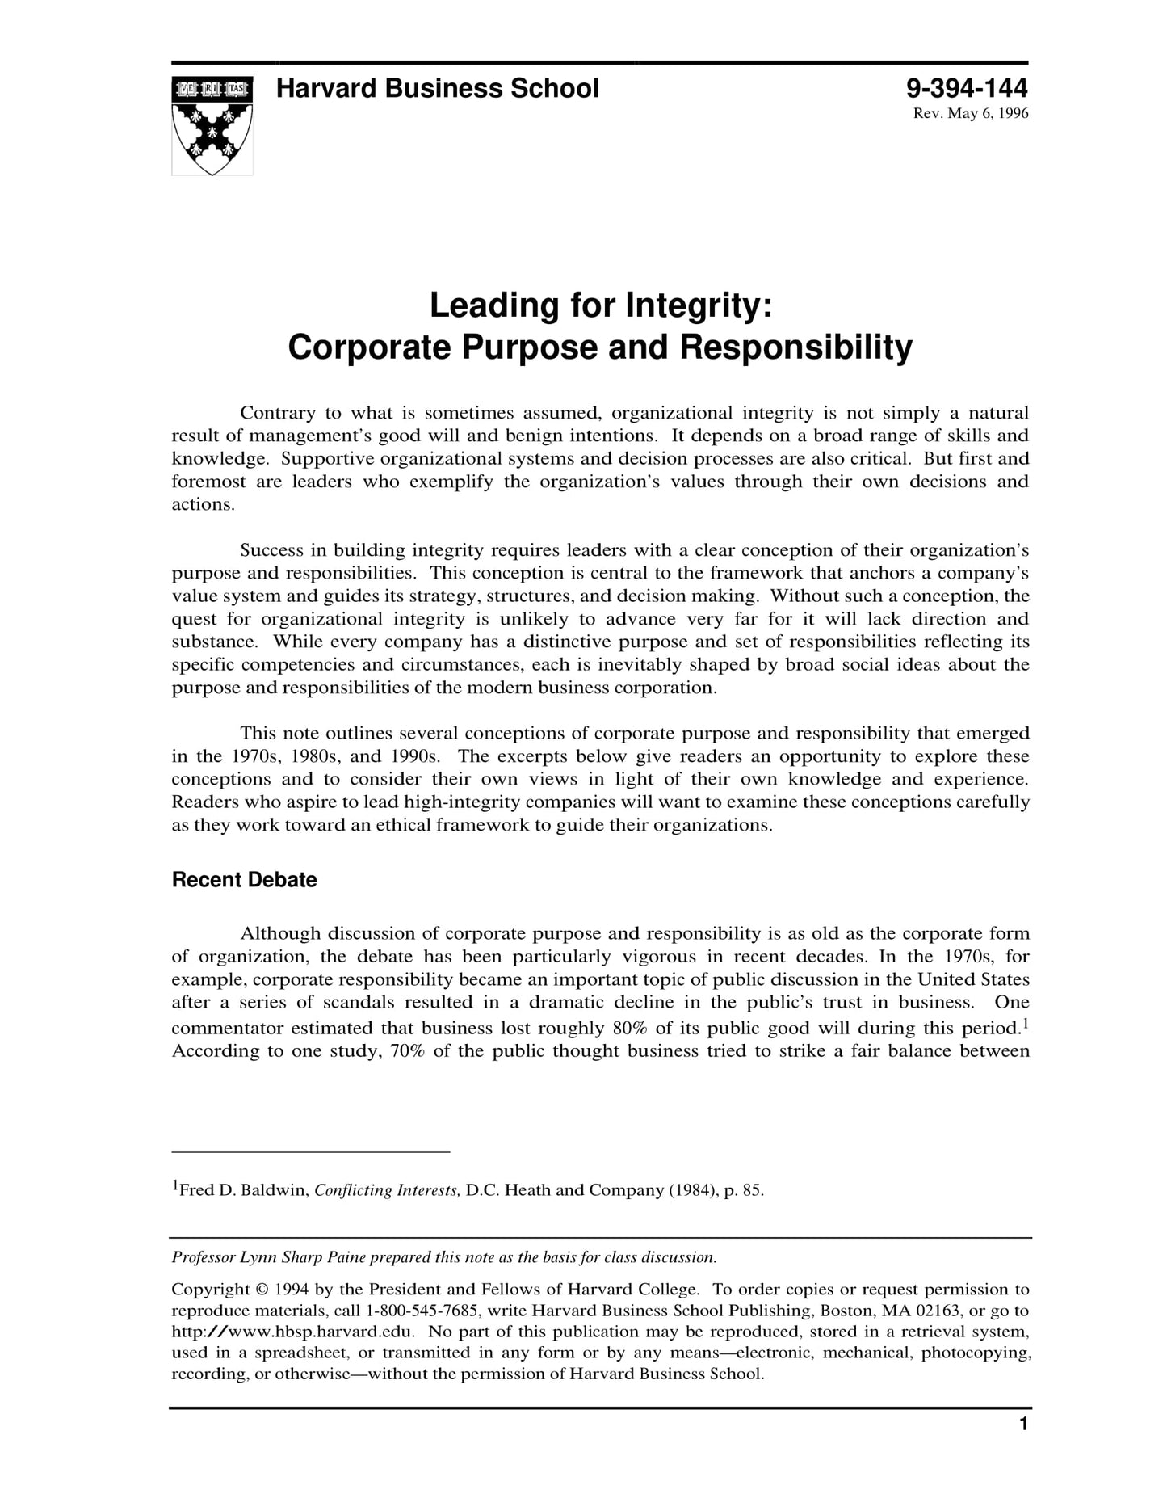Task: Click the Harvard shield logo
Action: click(212, 125)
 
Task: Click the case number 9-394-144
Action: click(967, 88)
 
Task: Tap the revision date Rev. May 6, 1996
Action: click(970, 113)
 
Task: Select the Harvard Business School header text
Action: click(437, 88)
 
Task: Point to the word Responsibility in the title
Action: click(795, 347)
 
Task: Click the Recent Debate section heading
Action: click(244, 880)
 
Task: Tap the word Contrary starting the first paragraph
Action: click(277, 413)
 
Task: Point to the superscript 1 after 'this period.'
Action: click(1024, 1022)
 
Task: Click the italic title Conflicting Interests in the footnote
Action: click(387, 1190)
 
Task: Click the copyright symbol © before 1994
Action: click(261, 1290)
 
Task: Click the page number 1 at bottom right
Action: click(1023, 1425)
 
